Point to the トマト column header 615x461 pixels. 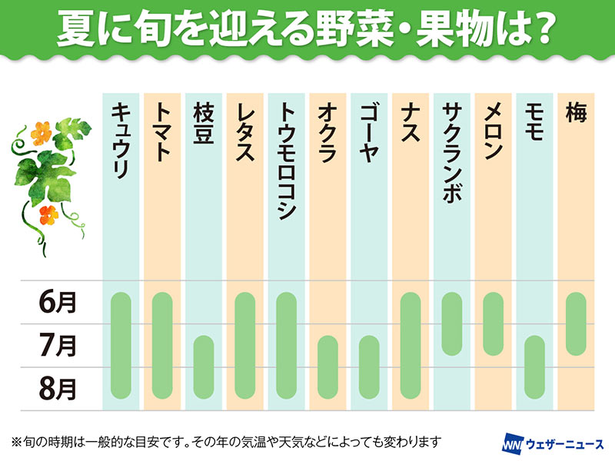pyautogui.click(x=162, y=131)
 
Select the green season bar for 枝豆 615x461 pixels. pyautogui.click(x=204, y=364)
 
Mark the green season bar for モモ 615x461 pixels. pyautogui.click(x=535, y=364)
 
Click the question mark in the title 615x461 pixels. pyautogui.click(x=543, y=30)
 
